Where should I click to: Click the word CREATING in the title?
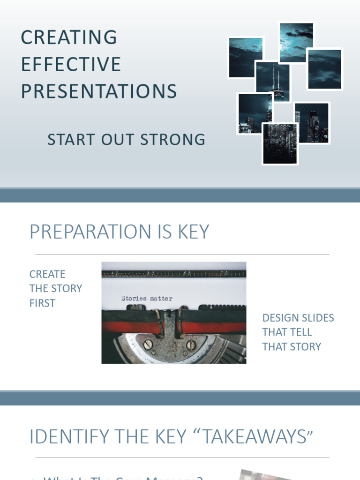click(69, 37)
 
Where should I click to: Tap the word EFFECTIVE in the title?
click(71, 65)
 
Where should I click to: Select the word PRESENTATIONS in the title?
click(99, 92)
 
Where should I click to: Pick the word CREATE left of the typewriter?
click(47, 274)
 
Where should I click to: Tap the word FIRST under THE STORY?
click(42, 303)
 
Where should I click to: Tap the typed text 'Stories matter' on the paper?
click(147, 299)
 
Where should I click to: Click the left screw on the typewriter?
click(148, 345)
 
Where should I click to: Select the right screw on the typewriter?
click(191, 345)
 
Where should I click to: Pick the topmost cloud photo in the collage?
click(296, 42)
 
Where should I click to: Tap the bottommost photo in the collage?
click(280, 144)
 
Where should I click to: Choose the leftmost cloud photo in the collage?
click(245, 57)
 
